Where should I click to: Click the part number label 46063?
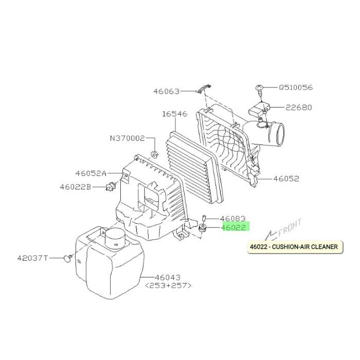click(167, 92)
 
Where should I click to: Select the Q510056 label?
click(296, 87)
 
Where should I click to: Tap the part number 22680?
click(299, 107)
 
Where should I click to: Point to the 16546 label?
click(175, 114)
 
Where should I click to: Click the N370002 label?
click(128, 138)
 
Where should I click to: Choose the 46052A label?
click(91, 173)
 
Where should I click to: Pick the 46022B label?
click(76, 187)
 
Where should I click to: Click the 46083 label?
click(232, 219)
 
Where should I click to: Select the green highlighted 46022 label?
click(236, 227)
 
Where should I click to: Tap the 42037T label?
click(32, 258)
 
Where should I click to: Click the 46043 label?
click(168, 277)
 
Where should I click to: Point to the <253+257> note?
click(168, 285)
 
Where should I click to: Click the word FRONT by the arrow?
click(290, 227)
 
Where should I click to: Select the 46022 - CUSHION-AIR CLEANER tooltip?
click(295, 247)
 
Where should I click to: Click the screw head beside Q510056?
click(259, 88)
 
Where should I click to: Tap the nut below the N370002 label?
click(154, 154)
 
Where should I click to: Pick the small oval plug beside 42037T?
click(67, 259)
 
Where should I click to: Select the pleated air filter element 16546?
click(194, 168)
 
